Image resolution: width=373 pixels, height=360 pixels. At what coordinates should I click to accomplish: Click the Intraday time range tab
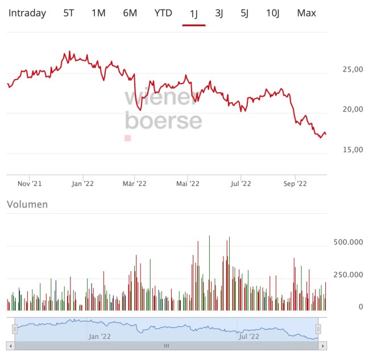coord(27,13)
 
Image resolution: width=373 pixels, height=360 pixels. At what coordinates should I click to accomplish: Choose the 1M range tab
coord(98,13)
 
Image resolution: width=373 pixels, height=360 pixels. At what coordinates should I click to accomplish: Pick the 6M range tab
coord(130,13)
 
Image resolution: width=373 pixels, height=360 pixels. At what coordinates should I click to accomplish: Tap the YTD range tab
coord(163,13)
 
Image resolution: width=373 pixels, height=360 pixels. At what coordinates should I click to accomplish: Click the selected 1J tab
coord(193,13)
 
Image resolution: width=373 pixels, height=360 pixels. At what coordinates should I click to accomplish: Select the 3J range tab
coord(219,13)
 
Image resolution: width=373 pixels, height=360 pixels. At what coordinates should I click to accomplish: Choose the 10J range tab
coord(273,13)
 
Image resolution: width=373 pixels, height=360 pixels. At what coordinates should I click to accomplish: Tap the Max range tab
coord(306,13)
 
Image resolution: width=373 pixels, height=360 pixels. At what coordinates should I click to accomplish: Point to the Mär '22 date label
coord(135,183)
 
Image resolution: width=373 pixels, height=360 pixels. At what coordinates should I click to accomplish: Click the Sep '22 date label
coord(295,183)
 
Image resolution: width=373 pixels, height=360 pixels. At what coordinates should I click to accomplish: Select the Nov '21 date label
coord(30,183)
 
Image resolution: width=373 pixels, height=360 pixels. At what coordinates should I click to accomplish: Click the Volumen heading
coord(27,204)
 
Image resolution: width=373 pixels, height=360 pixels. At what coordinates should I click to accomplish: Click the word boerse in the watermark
coord(163,121)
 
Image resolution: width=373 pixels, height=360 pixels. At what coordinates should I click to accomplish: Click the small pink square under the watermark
coord(128,138)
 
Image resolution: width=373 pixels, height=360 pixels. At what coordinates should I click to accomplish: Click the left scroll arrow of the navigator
coord(10,345)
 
